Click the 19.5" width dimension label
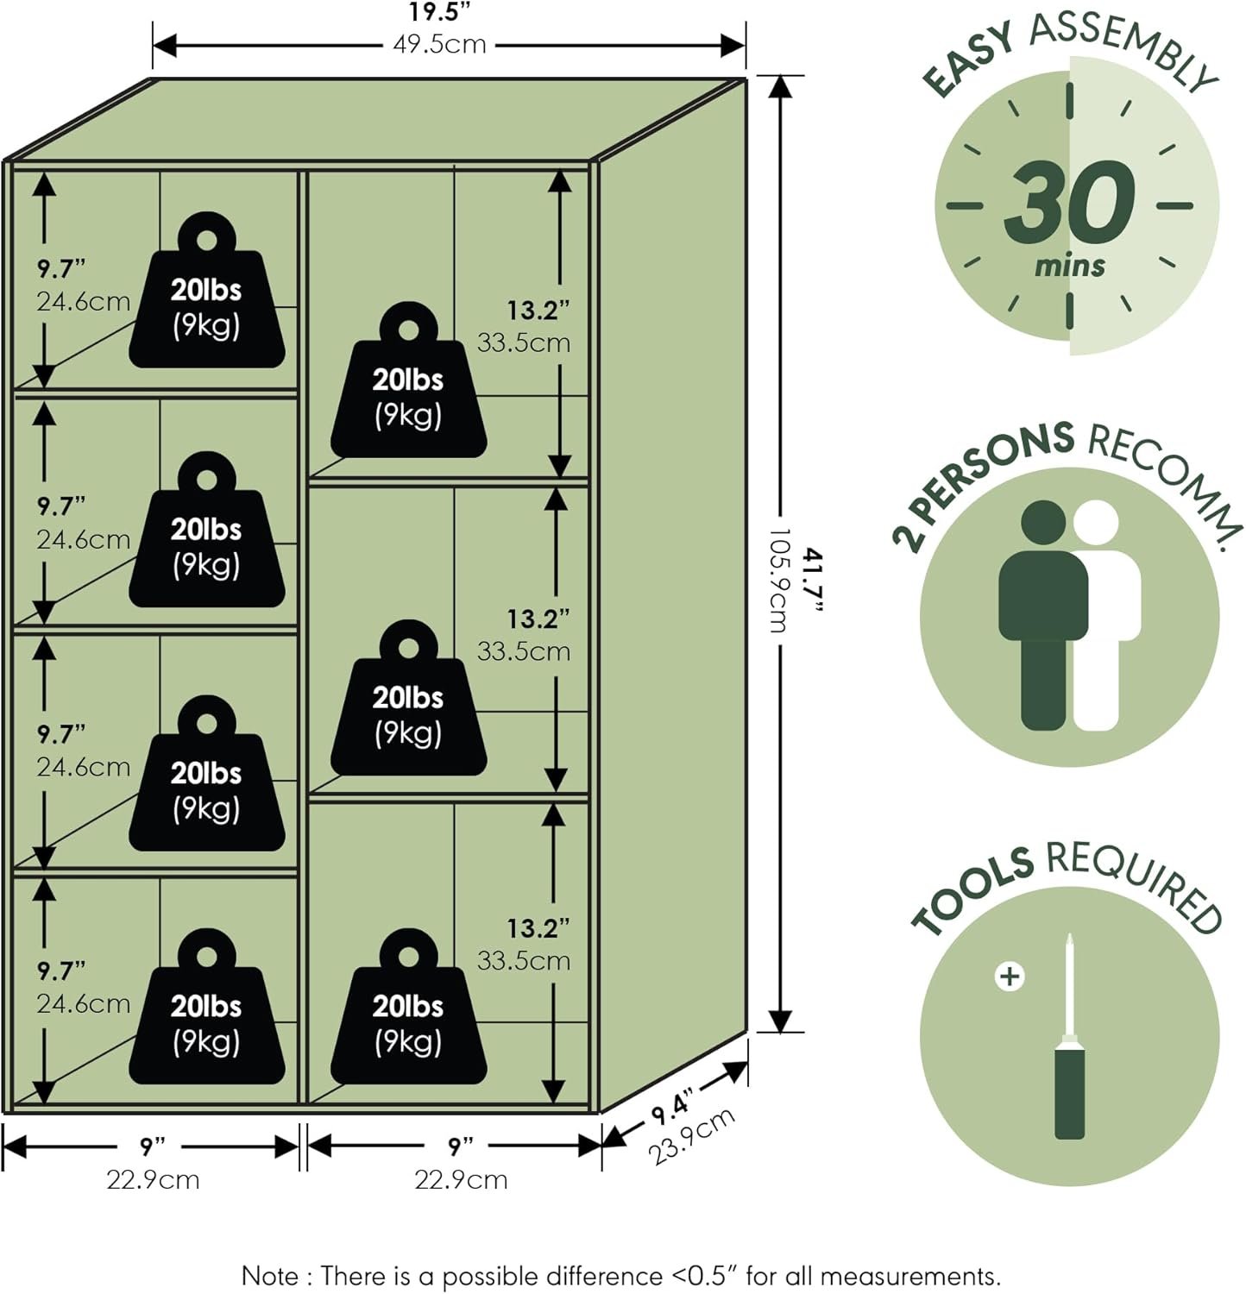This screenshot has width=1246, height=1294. click(x=440, y=13)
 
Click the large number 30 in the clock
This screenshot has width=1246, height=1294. click(x=1069, y=204)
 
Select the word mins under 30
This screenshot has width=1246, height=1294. click(x=1070, y=265)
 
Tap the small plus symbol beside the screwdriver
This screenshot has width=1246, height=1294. click(x=1009, y=977)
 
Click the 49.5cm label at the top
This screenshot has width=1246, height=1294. click(x=440, y=44)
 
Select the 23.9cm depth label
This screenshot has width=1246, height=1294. click(x=691, y=1136)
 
